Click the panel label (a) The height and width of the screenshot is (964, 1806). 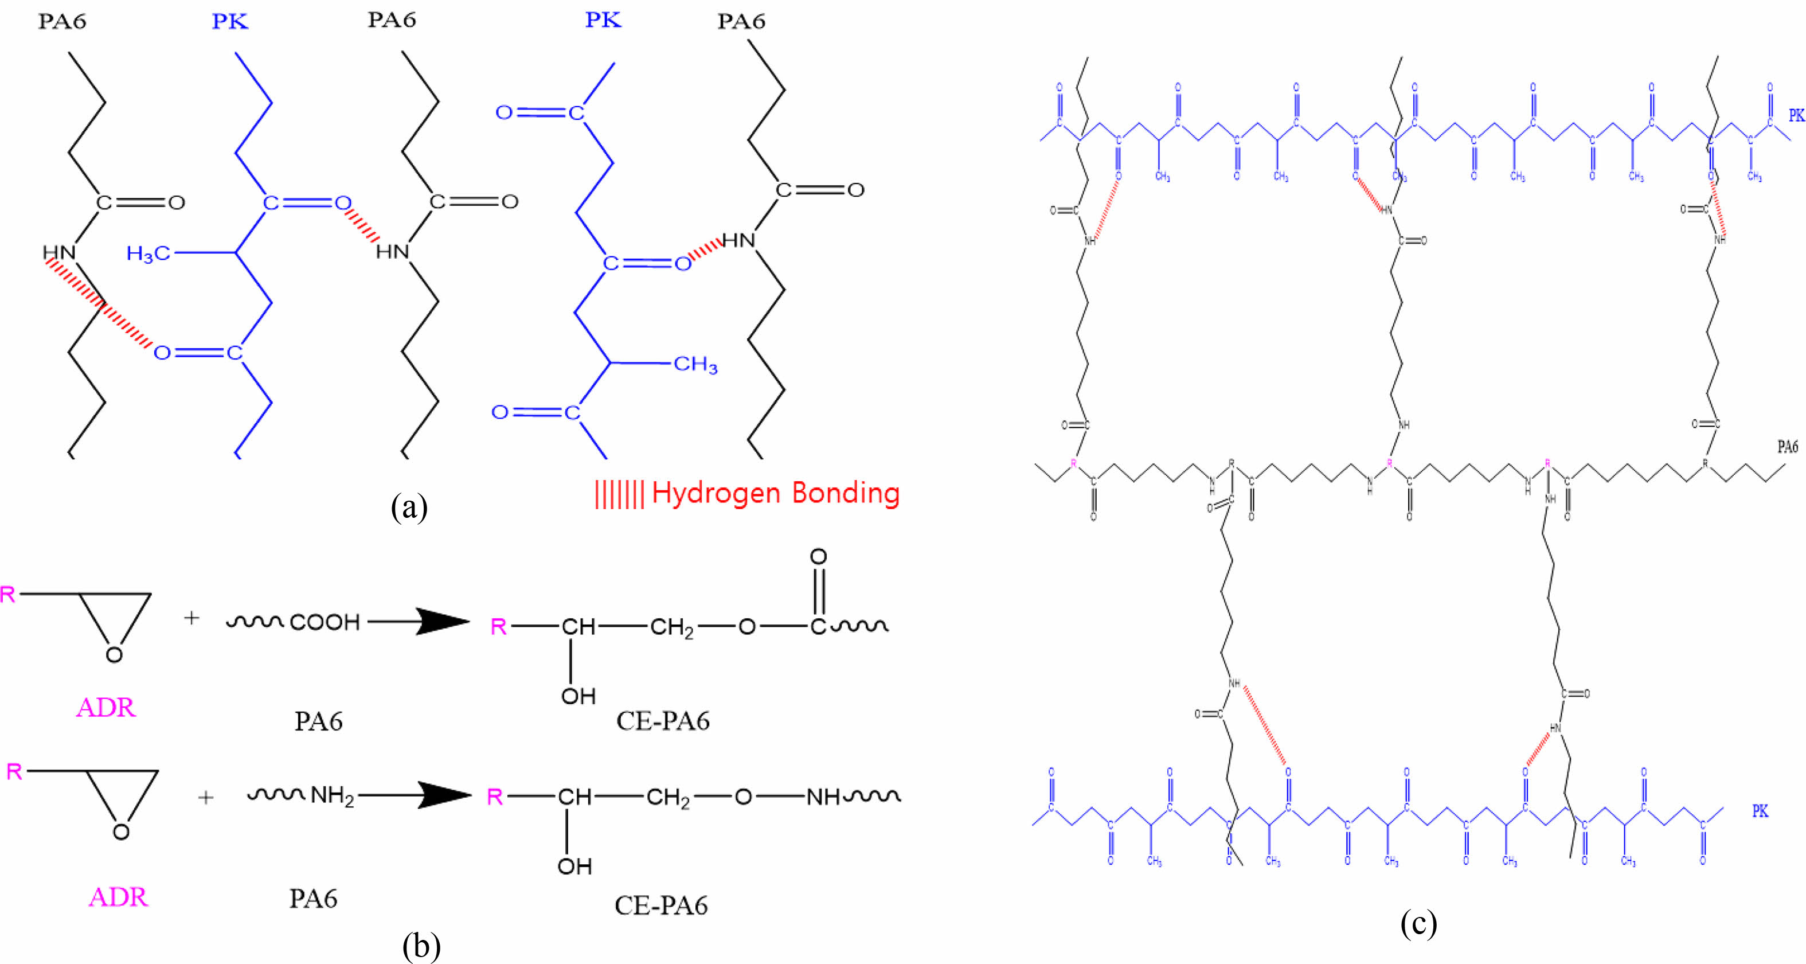409,507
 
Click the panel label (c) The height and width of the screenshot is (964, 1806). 1418,923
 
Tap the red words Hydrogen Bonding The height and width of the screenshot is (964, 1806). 775,493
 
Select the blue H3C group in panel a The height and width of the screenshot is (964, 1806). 147,253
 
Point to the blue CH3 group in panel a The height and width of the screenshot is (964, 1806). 695,365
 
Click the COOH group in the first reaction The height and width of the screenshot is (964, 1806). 325,622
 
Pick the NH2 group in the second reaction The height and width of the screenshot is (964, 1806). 333,796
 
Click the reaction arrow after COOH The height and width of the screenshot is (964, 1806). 419,621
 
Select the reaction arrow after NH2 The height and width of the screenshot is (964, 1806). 415,795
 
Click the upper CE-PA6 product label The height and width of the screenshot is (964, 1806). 663,721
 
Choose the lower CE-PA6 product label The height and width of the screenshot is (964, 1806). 661,906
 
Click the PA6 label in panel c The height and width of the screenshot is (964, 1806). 1787,447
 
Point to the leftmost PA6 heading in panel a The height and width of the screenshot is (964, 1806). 62,22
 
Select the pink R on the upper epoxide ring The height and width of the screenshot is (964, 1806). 7,595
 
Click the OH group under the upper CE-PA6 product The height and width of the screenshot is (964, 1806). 578,696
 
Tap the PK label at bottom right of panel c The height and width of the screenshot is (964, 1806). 1760,811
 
